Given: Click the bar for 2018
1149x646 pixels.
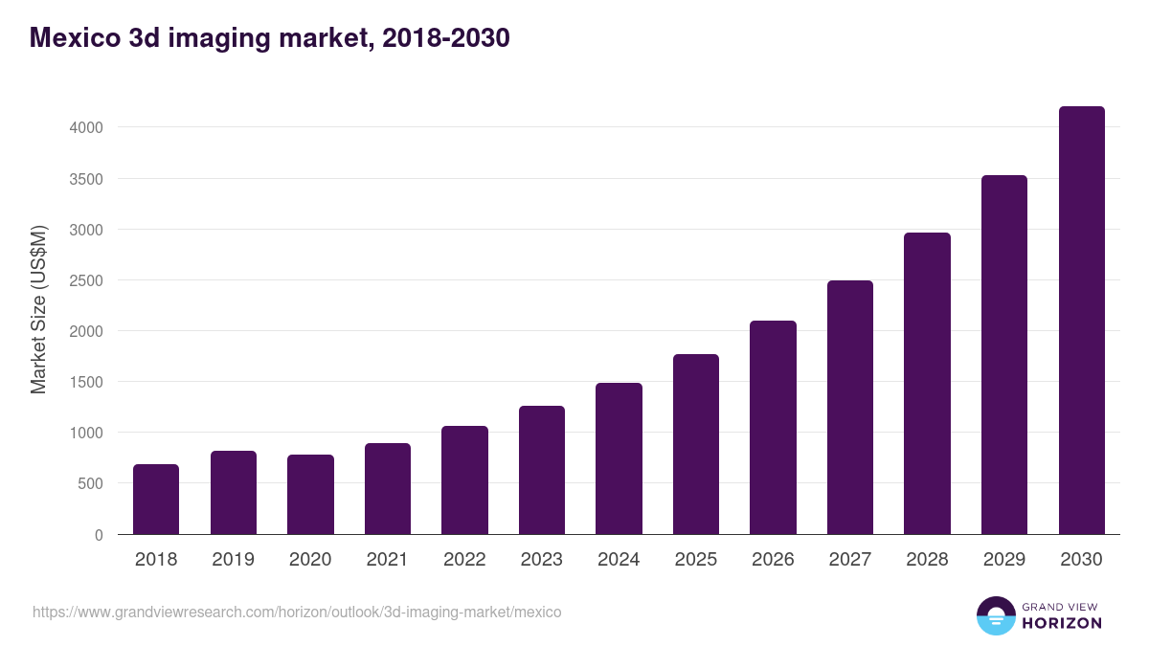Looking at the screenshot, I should click(x=156, y=500).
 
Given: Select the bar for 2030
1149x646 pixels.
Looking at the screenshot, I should click(x=1081, y=321).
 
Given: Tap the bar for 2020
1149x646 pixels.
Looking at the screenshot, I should click(x=310, y=495).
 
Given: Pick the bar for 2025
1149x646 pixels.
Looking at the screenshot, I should click(x=696, y=444).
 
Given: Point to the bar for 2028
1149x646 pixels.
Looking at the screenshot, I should click(x=927, y=384).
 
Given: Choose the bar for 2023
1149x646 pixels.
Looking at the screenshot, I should click(x=542, y=470).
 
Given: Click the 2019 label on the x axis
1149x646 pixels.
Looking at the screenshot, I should click(x=233, y=560).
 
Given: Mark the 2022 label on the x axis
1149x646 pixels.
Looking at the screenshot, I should click(x=464, y=560).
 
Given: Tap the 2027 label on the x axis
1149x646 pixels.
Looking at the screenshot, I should click(x=850, y=560).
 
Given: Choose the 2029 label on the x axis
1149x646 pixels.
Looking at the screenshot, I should click(x=1004, y=560).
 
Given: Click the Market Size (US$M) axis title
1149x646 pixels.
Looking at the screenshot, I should click(x=38, y=309).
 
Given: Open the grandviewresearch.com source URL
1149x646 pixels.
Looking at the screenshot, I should click(x=297, y=612).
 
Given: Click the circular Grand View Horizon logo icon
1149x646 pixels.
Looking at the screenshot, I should click(x=995, y=615).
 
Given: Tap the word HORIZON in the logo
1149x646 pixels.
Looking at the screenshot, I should click(x=1062, y=623).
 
